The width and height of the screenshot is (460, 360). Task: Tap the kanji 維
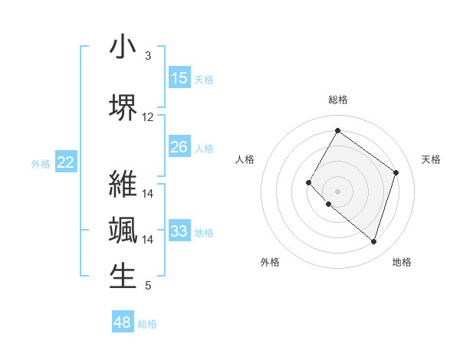[x=123, y=185]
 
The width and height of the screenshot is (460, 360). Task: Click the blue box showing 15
[x=179, y=78]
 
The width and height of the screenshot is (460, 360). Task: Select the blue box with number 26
[x=179, y=147]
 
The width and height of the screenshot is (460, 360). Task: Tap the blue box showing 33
[x=179, y=231]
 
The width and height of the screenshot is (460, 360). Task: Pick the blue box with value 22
[x=66, y=162]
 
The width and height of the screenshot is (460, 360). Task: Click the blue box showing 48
[x=123, y=322]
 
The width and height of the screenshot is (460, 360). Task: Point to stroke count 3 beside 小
[x=148, y=56]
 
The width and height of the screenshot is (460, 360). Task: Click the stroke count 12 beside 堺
[x=148, y=117]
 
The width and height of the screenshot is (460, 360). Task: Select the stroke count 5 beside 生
[x=148, y=286]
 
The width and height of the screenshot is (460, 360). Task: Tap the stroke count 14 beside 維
[x=148, y=194]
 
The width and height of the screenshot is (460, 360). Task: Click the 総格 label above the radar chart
[x=337, y=100]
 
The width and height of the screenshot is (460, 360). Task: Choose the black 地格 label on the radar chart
[x=402, y=262]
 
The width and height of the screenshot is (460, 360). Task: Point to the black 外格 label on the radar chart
[x=270, y=262]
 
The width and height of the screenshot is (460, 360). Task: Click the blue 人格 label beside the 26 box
[x=204, y=148]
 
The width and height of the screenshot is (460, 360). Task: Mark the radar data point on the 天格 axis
[x=396, y=172]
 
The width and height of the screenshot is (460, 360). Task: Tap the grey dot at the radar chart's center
[x=337, y=191]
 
